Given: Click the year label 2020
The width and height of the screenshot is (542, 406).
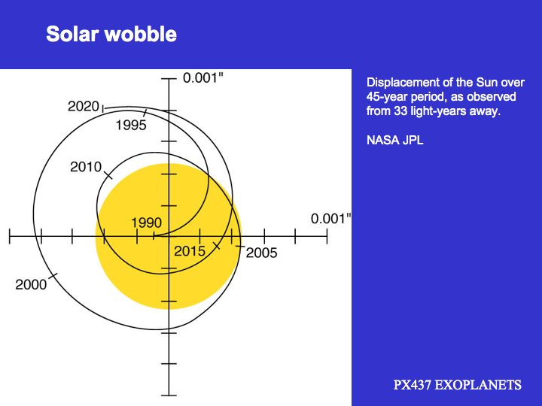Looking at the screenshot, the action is tap(84, 106).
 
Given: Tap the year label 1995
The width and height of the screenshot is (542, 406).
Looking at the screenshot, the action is tap(131, 125).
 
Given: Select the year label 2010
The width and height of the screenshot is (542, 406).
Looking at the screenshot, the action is tap(86, 167).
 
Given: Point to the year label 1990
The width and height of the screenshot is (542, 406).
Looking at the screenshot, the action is tap(146, 223).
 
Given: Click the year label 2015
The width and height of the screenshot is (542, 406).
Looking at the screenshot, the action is tap(190, 251).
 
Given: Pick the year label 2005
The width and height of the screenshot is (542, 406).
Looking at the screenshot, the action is tap(262, 253).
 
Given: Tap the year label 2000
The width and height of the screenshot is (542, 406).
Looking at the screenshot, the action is tap(31, 284).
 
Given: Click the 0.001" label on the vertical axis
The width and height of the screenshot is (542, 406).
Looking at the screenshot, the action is tap(203, 78).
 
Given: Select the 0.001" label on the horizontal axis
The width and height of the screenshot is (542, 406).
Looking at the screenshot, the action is tap(330, 219).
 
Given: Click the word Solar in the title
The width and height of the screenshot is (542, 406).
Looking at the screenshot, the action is tap(72, 34).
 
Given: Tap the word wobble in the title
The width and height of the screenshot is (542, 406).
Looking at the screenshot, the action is tap(141, 34).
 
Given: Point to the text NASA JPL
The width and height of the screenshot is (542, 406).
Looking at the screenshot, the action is tap(394, 140).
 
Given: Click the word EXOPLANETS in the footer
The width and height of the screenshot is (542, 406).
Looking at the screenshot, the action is tap(478, 385).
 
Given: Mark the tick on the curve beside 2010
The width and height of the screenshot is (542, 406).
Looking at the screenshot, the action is tap(108, 174).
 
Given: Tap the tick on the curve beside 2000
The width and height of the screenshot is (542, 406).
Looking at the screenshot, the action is tap(53, 276).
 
